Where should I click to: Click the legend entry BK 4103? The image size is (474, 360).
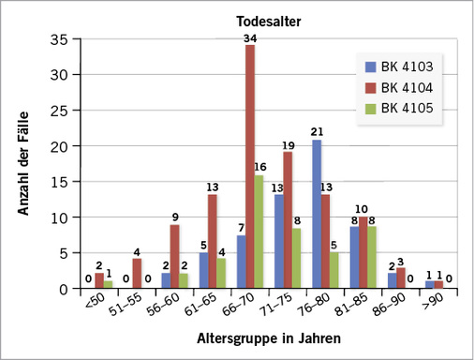point(405,67)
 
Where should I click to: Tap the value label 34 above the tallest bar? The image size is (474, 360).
point(250,38)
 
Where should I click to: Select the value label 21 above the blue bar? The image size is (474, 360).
point(318,131)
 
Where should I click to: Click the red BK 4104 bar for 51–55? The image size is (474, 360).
point(137,274)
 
